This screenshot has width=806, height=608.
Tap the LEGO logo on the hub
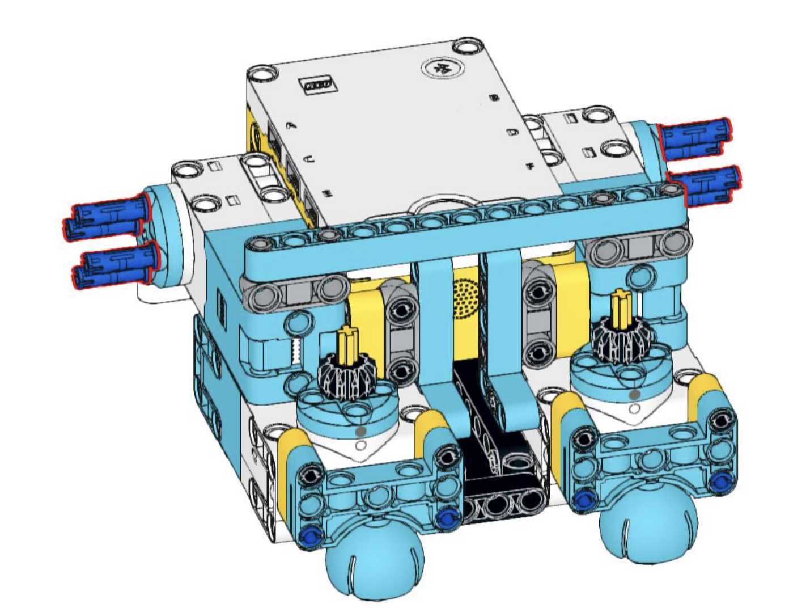pos(318,85)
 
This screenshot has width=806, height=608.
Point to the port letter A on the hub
pos(292,125)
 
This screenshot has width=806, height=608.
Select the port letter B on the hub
pos(494,98)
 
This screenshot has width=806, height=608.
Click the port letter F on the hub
pos(531,166)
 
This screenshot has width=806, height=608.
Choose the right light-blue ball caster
pos(648,530)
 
